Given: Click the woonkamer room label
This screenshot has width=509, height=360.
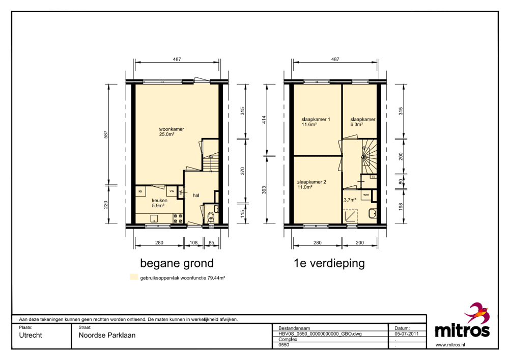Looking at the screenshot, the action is pos(172,129).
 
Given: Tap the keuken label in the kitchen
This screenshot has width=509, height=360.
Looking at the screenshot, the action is pos(159,200).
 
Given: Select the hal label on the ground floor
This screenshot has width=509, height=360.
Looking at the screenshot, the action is pos(196,196).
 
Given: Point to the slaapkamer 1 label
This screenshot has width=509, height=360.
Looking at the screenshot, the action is pos(316,119).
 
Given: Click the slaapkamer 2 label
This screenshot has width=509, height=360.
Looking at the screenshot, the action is pos(312,182).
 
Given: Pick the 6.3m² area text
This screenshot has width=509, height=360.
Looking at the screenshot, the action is pos(356,124).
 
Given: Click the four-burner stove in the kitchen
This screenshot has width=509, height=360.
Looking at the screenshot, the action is pos(178,218).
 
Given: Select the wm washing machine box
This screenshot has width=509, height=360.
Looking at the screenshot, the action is pos(366,195).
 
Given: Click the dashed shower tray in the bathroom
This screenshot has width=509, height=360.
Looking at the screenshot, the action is pos(350,216).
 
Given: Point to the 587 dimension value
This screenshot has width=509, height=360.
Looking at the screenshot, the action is pos(106,135).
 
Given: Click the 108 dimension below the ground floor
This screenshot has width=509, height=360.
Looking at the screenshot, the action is pos(193,242).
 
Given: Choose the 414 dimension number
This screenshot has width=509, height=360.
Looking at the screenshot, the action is pos(264,120).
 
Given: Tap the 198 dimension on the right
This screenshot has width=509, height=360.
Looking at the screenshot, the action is pos(401,207).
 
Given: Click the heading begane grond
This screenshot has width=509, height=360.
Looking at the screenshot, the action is pos(177,263).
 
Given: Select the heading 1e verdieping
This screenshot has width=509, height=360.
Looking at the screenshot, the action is pos(329,263).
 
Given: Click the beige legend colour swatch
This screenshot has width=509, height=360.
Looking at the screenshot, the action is pos(134,277).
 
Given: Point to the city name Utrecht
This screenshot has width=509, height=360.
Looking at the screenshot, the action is pos(31,336).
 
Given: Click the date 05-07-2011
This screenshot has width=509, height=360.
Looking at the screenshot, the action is pos(406,334).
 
